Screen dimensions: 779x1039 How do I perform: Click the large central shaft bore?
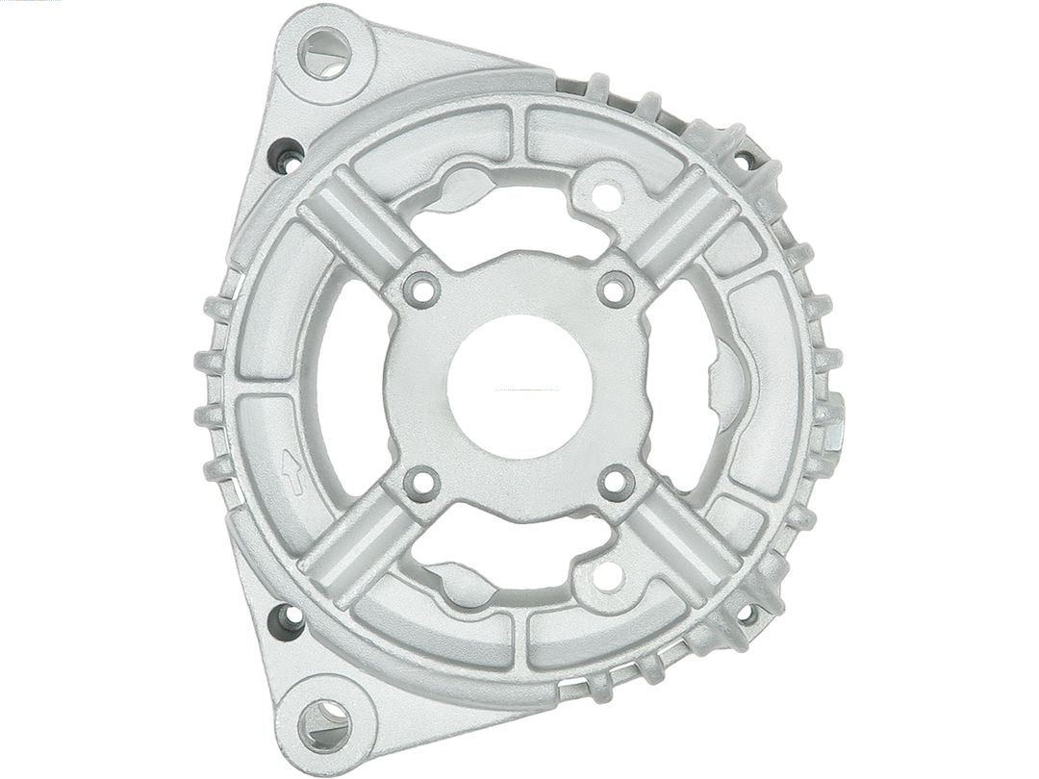[519, 387]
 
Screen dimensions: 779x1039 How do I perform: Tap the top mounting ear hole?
[324, 52]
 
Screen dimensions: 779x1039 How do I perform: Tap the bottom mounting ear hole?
[324, 725]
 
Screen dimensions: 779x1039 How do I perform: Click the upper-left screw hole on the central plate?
[420, 289]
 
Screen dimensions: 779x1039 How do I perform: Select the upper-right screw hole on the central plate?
[616, 288]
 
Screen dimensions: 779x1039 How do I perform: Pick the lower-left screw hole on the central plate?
[420, 484]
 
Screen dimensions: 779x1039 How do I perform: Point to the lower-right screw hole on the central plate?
[616, 484]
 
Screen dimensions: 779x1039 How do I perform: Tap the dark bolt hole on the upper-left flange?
[287, 155]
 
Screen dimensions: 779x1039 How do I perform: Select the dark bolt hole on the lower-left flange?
[286, 620]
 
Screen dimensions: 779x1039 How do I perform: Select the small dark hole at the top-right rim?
[745, 159]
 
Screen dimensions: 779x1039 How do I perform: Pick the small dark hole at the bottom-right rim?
[746, 612]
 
